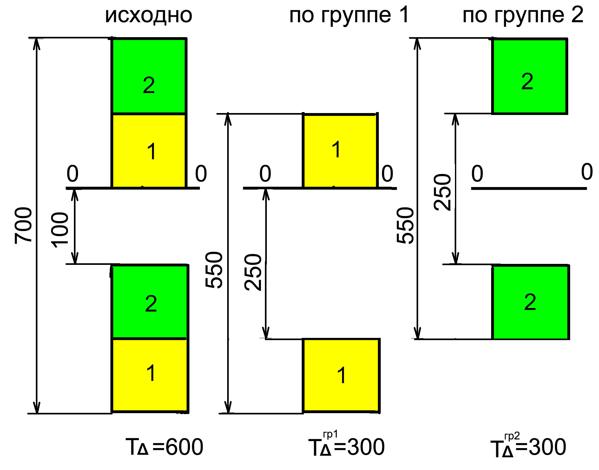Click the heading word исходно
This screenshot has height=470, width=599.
(x=148, y=15)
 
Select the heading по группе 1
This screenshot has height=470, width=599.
(x=349, y=15)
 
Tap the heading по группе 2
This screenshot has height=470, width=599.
(x=523, y=15)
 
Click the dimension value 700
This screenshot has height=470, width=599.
(x=23, y=225)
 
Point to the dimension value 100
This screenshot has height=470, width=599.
(x=60, y=230)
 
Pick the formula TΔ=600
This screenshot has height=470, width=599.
(x=164, y=447)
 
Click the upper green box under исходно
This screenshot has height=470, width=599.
(x=149, y=76)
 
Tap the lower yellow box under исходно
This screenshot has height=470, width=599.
(x=150, y=376)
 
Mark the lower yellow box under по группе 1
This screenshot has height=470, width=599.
(x=341, y=376)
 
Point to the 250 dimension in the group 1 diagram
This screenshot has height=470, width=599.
(x=253, y=272)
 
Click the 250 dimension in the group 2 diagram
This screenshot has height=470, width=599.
(x=442, y=192)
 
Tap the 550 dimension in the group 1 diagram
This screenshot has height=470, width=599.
(x=214, y=270)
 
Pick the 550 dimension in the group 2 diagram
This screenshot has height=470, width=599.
(x=405, y=225)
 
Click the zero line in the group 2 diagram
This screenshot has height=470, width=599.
(x=529, y=188)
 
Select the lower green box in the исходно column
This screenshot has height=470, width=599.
(x=150, y=302)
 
